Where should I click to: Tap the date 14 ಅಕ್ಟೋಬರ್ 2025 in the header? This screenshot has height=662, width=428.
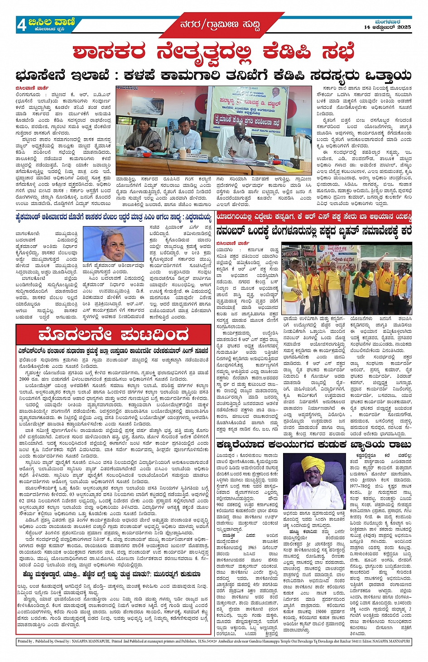point(387,27)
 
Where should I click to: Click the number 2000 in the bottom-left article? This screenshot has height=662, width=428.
point(24,379)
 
